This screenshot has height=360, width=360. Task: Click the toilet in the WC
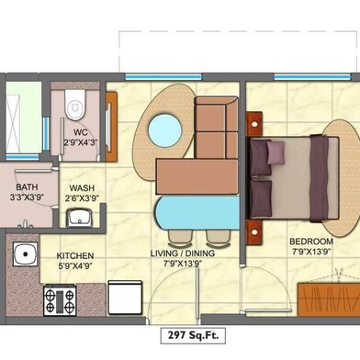(x=74, y=105)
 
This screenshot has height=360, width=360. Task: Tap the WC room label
(x=81, y=132)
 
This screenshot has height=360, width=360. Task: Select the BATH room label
(x=27, y=187)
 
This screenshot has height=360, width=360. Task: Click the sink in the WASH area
(x=80, y=218)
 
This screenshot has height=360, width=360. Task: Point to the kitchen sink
(x=25, y=253)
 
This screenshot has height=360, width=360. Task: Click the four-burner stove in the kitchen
(x=60, y=300)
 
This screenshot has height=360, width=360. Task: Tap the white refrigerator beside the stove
(x=125, y=298)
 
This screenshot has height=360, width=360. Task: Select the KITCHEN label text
(x=75, y=256)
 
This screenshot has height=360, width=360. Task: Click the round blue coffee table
(x=165, y=129)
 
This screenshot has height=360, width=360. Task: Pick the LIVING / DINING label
(x=183, y=253)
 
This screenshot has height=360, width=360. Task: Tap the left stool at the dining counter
(x=180, y=239)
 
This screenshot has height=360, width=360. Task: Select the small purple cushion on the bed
(x=276, y=152)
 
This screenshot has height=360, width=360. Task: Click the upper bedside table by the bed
(x=254, y=124)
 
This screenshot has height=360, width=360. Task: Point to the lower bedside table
(x=254, y=232)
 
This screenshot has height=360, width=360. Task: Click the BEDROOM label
(x=311, y=242)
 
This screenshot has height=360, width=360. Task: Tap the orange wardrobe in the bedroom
(x=329, y=300)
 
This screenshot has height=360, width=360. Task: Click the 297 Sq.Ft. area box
(x=194, y=335)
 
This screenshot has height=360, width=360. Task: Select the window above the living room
(x=163, y=77)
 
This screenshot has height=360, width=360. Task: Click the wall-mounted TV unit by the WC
(x=110, y=127)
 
